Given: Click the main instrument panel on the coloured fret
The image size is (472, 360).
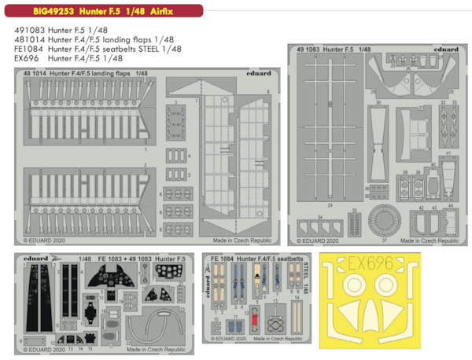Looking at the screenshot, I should tap(109, 279).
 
